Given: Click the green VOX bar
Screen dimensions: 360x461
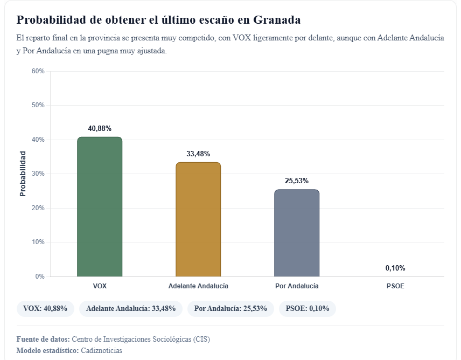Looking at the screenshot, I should pos(100,207).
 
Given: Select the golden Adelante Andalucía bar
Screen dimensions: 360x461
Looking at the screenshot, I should pos(198,219).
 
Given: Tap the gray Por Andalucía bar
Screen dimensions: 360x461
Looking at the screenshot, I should pos(297,233).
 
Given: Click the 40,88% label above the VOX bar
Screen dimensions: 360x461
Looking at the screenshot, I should pos(100,128).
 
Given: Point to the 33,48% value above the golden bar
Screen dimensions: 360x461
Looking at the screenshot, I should pos(198,154).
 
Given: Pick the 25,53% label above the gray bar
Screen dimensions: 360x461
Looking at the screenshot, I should pos(297,181).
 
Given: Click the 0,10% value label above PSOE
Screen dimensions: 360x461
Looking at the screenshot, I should pos(395,268).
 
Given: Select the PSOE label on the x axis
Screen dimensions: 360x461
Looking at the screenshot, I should pos(395,286).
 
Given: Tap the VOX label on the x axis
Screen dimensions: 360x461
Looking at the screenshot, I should pos(100,286).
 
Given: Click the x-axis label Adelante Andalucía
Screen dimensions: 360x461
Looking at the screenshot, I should pos(198,286).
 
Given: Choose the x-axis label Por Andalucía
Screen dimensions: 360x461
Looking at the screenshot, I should pos(297,286).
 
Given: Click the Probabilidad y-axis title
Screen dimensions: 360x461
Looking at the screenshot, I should pos(23,174).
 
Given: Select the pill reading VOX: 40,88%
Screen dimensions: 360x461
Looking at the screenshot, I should pos(45,309).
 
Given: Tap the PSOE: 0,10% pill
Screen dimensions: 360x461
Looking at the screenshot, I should pos(307,309).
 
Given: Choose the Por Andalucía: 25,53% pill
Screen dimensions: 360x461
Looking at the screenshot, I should pos(230,309).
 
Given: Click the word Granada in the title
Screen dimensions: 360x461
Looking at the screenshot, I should pos(276,20).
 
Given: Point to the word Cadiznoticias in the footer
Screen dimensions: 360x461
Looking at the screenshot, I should pos(101,351).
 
